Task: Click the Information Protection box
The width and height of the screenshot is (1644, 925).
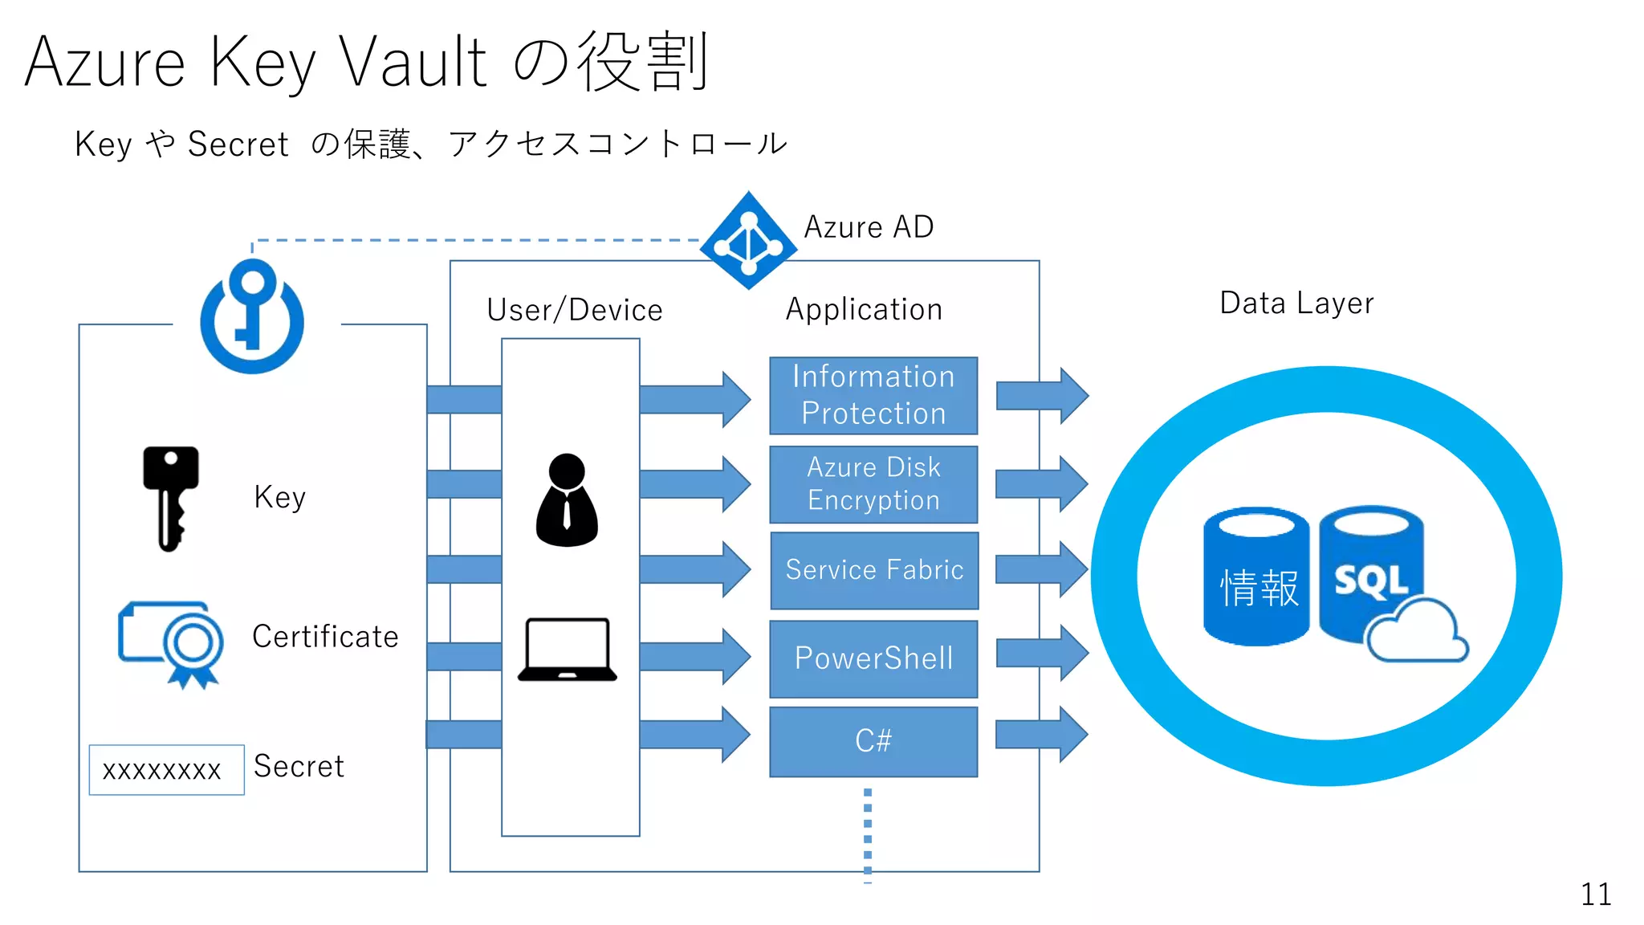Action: pos(873,395)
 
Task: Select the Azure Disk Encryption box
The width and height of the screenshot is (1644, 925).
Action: pos(873,484)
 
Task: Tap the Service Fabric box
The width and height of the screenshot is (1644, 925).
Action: pos(873,570)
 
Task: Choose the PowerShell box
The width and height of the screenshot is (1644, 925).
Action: pos(873,658)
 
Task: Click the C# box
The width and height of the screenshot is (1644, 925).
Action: pos(873,741)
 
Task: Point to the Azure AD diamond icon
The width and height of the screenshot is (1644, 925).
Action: pos(748,240)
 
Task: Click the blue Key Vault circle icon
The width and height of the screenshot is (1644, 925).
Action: pos(252,316)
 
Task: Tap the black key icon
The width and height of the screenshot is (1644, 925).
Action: pos(170,498)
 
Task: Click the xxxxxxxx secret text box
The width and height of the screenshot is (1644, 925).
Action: pos(166,770)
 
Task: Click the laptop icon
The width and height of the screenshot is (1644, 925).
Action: pos(568,650)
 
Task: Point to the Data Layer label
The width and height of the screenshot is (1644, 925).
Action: pos(1296,304)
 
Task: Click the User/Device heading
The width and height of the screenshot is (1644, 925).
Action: pos(575,310)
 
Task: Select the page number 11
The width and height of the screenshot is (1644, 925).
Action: pos(1595,894)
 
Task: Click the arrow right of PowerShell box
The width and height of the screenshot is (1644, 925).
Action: pos(1042,653)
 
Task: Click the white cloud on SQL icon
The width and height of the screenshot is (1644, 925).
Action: pos(1417,634)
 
